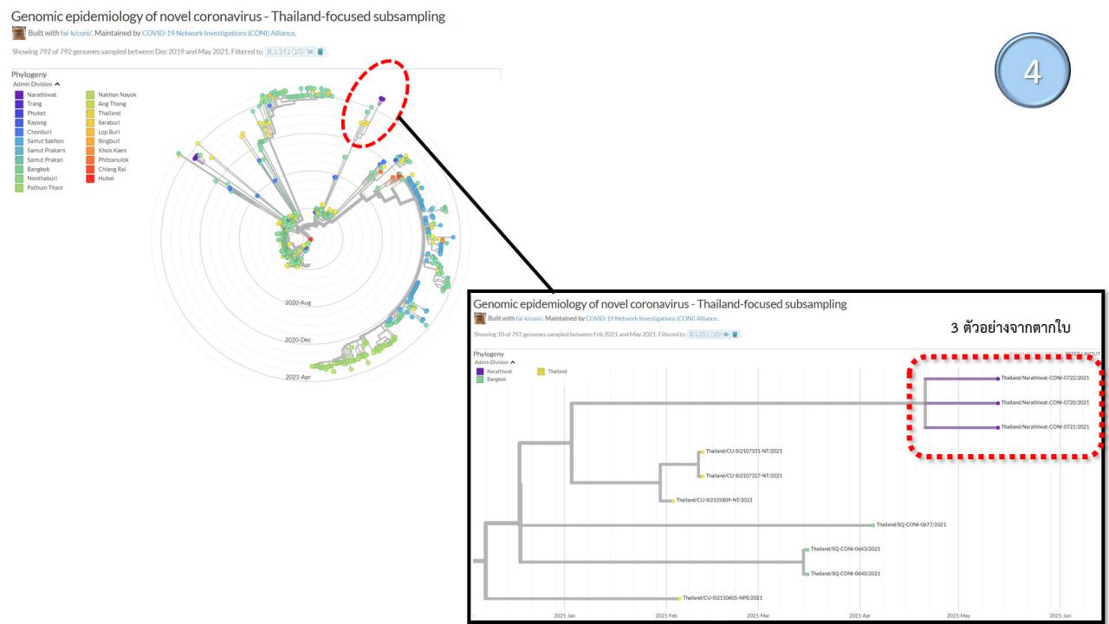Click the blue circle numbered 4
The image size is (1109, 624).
tap(1033, 71)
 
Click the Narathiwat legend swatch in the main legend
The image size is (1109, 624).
tap(19, 94)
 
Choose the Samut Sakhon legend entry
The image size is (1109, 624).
tap(44, 140)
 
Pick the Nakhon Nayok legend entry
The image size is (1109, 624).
tap(117, 94)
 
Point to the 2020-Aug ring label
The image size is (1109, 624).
tap(297, 302)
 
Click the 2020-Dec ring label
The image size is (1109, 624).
tap(297, 340)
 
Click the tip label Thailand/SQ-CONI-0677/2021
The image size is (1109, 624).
tap(911, 524)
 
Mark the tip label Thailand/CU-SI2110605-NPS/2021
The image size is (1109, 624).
tap(722, 598)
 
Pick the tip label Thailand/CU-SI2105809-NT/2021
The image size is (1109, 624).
tap(714, 500)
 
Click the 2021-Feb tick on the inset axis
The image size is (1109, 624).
tap(666, 615)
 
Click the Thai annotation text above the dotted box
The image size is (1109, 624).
tap(1010, 329)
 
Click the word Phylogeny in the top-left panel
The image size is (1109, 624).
tap(29, 75)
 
